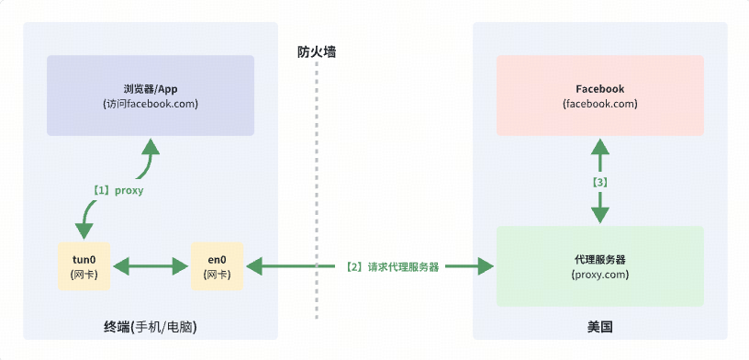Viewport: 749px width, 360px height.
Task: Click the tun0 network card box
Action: (x=84, y=266)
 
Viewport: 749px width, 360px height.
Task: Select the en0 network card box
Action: (x=218, y=266)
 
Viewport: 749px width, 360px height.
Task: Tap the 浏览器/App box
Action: (x=151, y=96)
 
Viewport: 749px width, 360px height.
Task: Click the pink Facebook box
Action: (x=599, y=96)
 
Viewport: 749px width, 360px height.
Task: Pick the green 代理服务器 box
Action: (x=599, y=266)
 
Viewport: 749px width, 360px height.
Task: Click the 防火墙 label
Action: (x=317, y=52)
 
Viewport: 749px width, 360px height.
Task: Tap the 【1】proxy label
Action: (x=117, y=190)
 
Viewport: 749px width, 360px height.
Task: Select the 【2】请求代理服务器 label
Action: (x=391, y=267)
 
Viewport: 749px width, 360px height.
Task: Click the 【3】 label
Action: (x=599, y=183)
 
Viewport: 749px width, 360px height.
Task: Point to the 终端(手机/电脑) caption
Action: (x=151, y=327)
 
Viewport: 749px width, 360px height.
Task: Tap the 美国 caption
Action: (x=599, y=327)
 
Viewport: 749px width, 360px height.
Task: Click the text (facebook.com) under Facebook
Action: (x=599, y=104)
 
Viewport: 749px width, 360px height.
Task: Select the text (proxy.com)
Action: (x=599, y=274)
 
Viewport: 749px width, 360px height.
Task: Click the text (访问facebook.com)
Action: (x=151, y=104)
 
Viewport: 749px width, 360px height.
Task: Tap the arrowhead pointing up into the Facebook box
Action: (x=599, y=147)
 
